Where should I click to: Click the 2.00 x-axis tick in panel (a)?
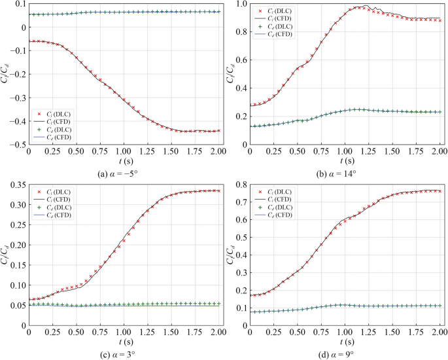(219, 152)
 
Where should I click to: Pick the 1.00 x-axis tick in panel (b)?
(345, 152)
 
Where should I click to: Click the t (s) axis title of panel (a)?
(124, 162)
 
